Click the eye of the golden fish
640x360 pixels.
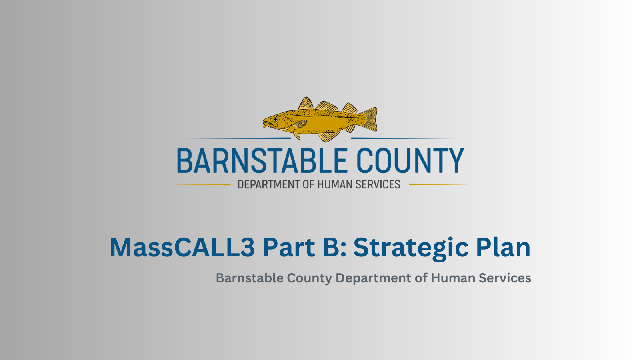(276, 120)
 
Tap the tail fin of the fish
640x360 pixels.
(370, 119)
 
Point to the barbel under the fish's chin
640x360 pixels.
(264, 125)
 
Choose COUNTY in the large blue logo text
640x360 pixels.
(410, 160)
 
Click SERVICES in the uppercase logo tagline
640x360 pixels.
(378, 184)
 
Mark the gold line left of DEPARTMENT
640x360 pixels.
(202, 184)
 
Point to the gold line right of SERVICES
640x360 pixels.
(438, 184)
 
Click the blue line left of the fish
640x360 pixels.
(232, 138)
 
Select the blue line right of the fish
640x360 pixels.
(409, 138)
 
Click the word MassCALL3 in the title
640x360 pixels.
(182, 248)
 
